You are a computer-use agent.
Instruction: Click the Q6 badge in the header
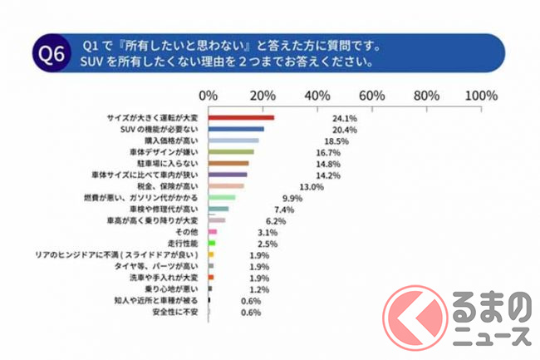(49, 54)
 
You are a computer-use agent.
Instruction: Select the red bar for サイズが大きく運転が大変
(241, 117)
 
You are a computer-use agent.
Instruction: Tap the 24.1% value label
(336, 117)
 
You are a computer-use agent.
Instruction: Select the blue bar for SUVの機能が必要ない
(236, 129)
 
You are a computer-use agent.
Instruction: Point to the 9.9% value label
(292, 198)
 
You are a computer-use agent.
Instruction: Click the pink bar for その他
(213, 232)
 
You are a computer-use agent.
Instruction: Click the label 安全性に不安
(177, 312)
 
